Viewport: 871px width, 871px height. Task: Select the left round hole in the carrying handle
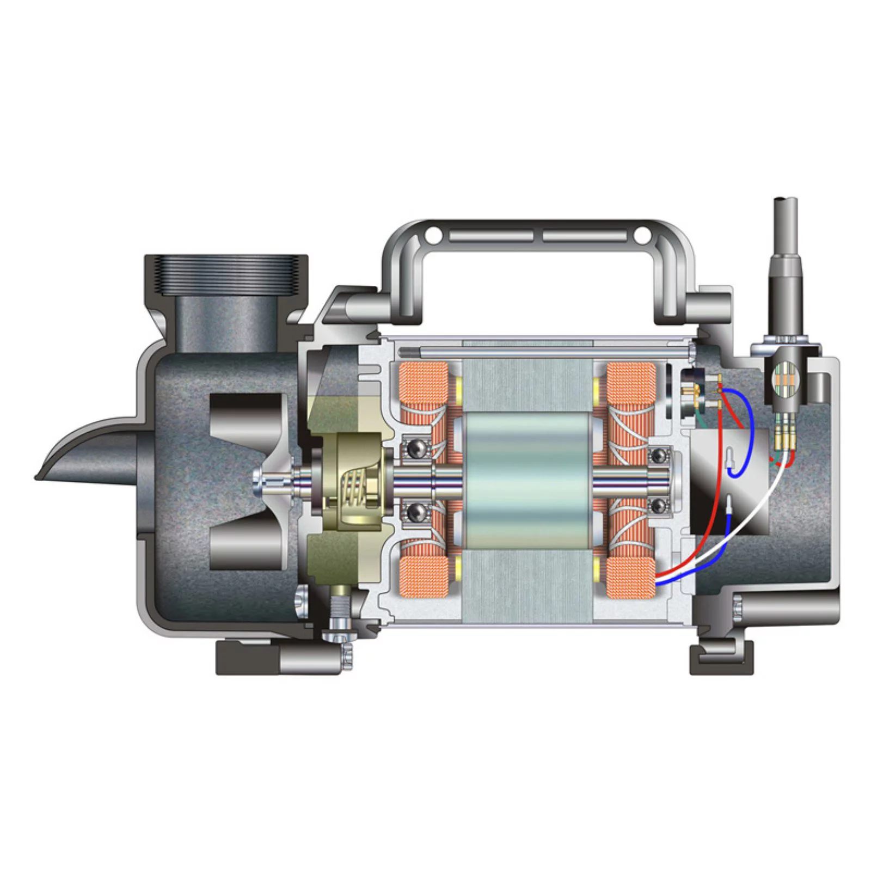433,235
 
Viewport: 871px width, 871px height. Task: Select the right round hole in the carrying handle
642,235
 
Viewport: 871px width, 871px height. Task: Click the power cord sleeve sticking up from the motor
784,261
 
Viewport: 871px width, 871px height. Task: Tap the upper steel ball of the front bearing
416,448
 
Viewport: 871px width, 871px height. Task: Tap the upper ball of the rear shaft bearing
660,454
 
